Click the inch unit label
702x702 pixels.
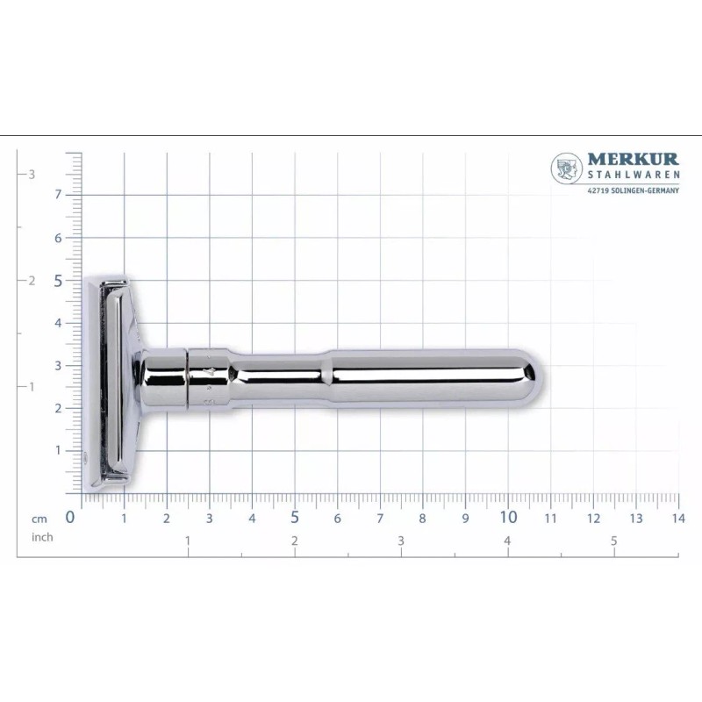click(x=41, y=536)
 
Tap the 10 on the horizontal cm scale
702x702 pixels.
click(x=508, y=517)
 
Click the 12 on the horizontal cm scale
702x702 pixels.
click(x=593, y=518)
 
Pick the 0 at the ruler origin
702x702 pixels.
click(x=71, y=517)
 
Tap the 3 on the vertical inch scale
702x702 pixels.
click(x=32, y=174)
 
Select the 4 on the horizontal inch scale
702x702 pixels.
click(x=507, y=541)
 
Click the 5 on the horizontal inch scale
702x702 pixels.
click(x=614, y=541)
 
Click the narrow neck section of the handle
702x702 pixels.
click(x=281, y=379)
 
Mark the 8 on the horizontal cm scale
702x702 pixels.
click(x=423, y=518)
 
